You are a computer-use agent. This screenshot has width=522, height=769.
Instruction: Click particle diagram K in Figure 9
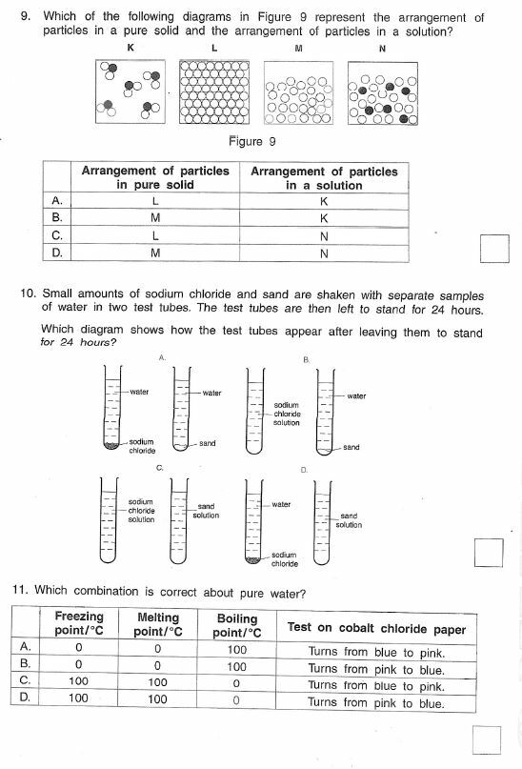pyautogui.click(x=130, y=91)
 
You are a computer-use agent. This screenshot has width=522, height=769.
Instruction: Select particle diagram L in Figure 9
pyautogui.click(x=214, y=91)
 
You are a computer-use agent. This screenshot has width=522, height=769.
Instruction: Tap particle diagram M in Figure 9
pyautogui.click(x=299, y=91)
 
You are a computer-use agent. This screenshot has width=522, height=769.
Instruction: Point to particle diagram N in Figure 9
pyautogui.click(x=382, y=91)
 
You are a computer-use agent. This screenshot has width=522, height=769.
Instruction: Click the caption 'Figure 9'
pyautogui.click(x=252, y=142)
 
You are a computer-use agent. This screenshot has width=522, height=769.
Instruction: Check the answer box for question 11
pyautogui.click(x=487, y=739)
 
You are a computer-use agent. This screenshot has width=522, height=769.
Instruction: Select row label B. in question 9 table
pyautogui.click(x=58, y=217)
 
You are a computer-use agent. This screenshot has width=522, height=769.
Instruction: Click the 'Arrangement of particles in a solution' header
pyautogui.click(x=324, y=178)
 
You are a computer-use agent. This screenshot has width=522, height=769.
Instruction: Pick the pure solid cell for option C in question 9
pyautogui.click(x=155, y=234)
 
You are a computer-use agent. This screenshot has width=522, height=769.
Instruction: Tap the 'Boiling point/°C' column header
pyautogui.click(x=237, y=625)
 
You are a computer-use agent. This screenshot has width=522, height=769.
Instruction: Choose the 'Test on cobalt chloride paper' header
pyautogui.click(x=376, y=629)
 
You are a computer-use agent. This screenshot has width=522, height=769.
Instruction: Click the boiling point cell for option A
pyautogui.click(x=237, y=651)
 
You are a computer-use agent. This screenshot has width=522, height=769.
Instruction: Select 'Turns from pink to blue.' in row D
pyautogui.click(x=376, y=703)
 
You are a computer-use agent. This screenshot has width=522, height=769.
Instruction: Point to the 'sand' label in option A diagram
pyautogui.click(x=208, y=443)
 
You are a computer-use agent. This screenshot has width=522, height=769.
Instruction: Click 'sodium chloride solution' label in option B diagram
pyautogui.click(x=287, y=414)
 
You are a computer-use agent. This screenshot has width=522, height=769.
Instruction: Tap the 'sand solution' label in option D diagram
pyautogui.click(x=349, y=520)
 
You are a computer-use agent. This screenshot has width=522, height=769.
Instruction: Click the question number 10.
pyautogui.click(x=28, y=295)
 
